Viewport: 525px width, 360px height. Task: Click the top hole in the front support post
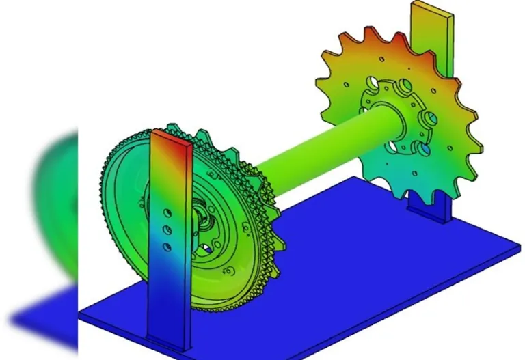[164, 211]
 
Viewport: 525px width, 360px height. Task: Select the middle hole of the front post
[165, 229]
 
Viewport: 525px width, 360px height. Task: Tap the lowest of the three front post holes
[165, 245]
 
